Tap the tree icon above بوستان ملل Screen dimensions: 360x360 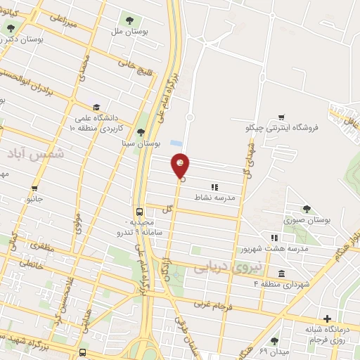[129, 20]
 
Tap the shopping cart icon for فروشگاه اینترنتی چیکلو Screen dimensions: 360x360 [281, 117]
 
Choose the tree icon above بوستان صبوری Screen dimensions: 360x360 [306, 208]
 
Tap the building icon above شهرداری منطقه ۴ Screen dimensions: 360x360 [281, 274]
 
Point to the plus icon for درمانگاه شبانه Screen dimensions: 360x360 [326, 318]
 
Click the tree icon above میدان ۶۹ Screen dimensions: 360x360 [274, 341]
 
